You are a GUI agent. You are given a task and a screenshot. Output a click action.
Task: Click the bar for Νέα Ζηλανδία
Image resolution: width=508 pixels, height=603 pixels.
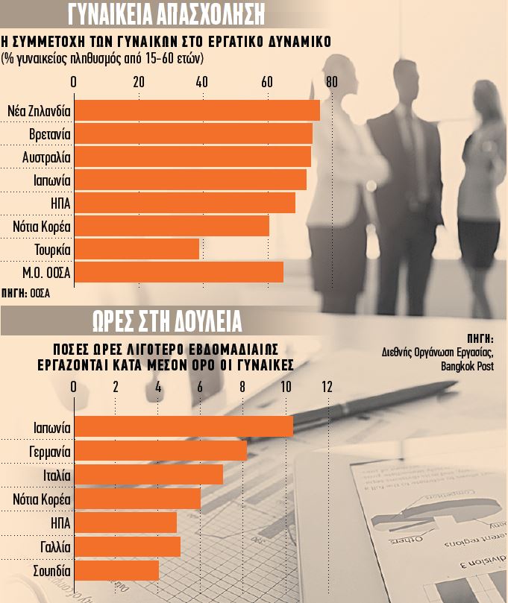198,110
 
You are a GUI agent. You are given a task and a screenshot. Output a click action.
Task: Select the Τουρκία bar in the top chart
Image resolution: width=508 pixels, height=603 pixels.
137,248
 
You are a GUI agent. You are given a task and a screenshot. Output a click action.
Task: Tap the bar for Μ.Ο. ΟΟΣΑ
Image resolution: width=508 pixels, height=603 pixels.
179,272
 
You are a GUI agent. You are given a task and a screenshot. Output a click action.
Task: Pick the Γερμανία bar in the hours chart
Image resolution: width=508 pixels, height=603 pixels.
160,451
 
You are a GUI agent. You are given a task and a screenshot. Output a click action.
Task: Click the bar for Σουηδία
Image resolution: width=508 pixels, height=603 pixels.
117,571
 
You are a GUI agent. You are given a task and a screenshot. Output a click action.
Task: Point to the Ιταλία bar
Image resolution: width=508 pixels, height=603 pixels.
148,475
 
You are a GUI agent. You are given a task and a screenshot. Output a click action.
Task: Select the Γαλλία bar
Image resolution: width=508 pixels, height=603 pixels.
128,547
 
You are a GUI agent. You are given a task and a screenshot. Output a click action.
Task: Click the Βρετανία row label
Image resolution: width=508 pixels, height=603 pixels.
49,134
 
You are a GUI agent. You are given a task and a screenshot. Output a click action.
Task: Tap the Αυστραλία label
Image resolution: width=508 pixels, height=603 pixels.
46,157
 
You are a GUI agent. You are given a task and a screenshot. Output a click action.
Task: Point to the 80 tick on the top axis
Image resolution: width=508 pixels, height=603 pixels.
330,82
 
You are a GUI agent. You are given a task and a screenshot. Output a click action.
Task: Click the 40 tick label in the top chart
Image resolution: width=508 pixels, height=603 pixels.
201,82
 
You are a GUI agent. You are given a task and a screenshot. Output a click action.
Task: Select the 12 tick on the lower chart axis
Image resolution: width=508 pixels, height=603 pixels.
327,387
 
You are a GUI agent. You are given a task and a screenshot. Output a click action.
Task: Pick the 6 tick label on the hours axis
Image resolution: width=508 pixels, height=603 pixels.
200,387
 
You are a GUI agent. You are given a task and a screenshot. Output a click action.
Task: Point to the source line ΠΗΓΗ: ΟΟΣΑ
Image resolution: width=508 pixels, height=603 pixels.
26,294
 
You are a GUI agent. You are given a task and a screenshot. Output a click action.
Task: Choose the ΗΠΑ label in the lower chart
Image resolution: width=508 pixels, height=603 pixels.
60,523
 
